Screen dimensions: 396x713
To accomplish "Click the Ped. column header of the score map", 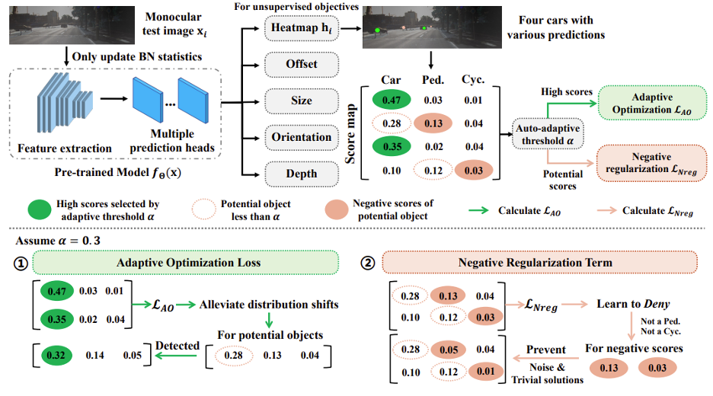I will (433, 80).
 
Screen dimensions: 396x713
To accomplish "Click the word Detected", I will (177, 346).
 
